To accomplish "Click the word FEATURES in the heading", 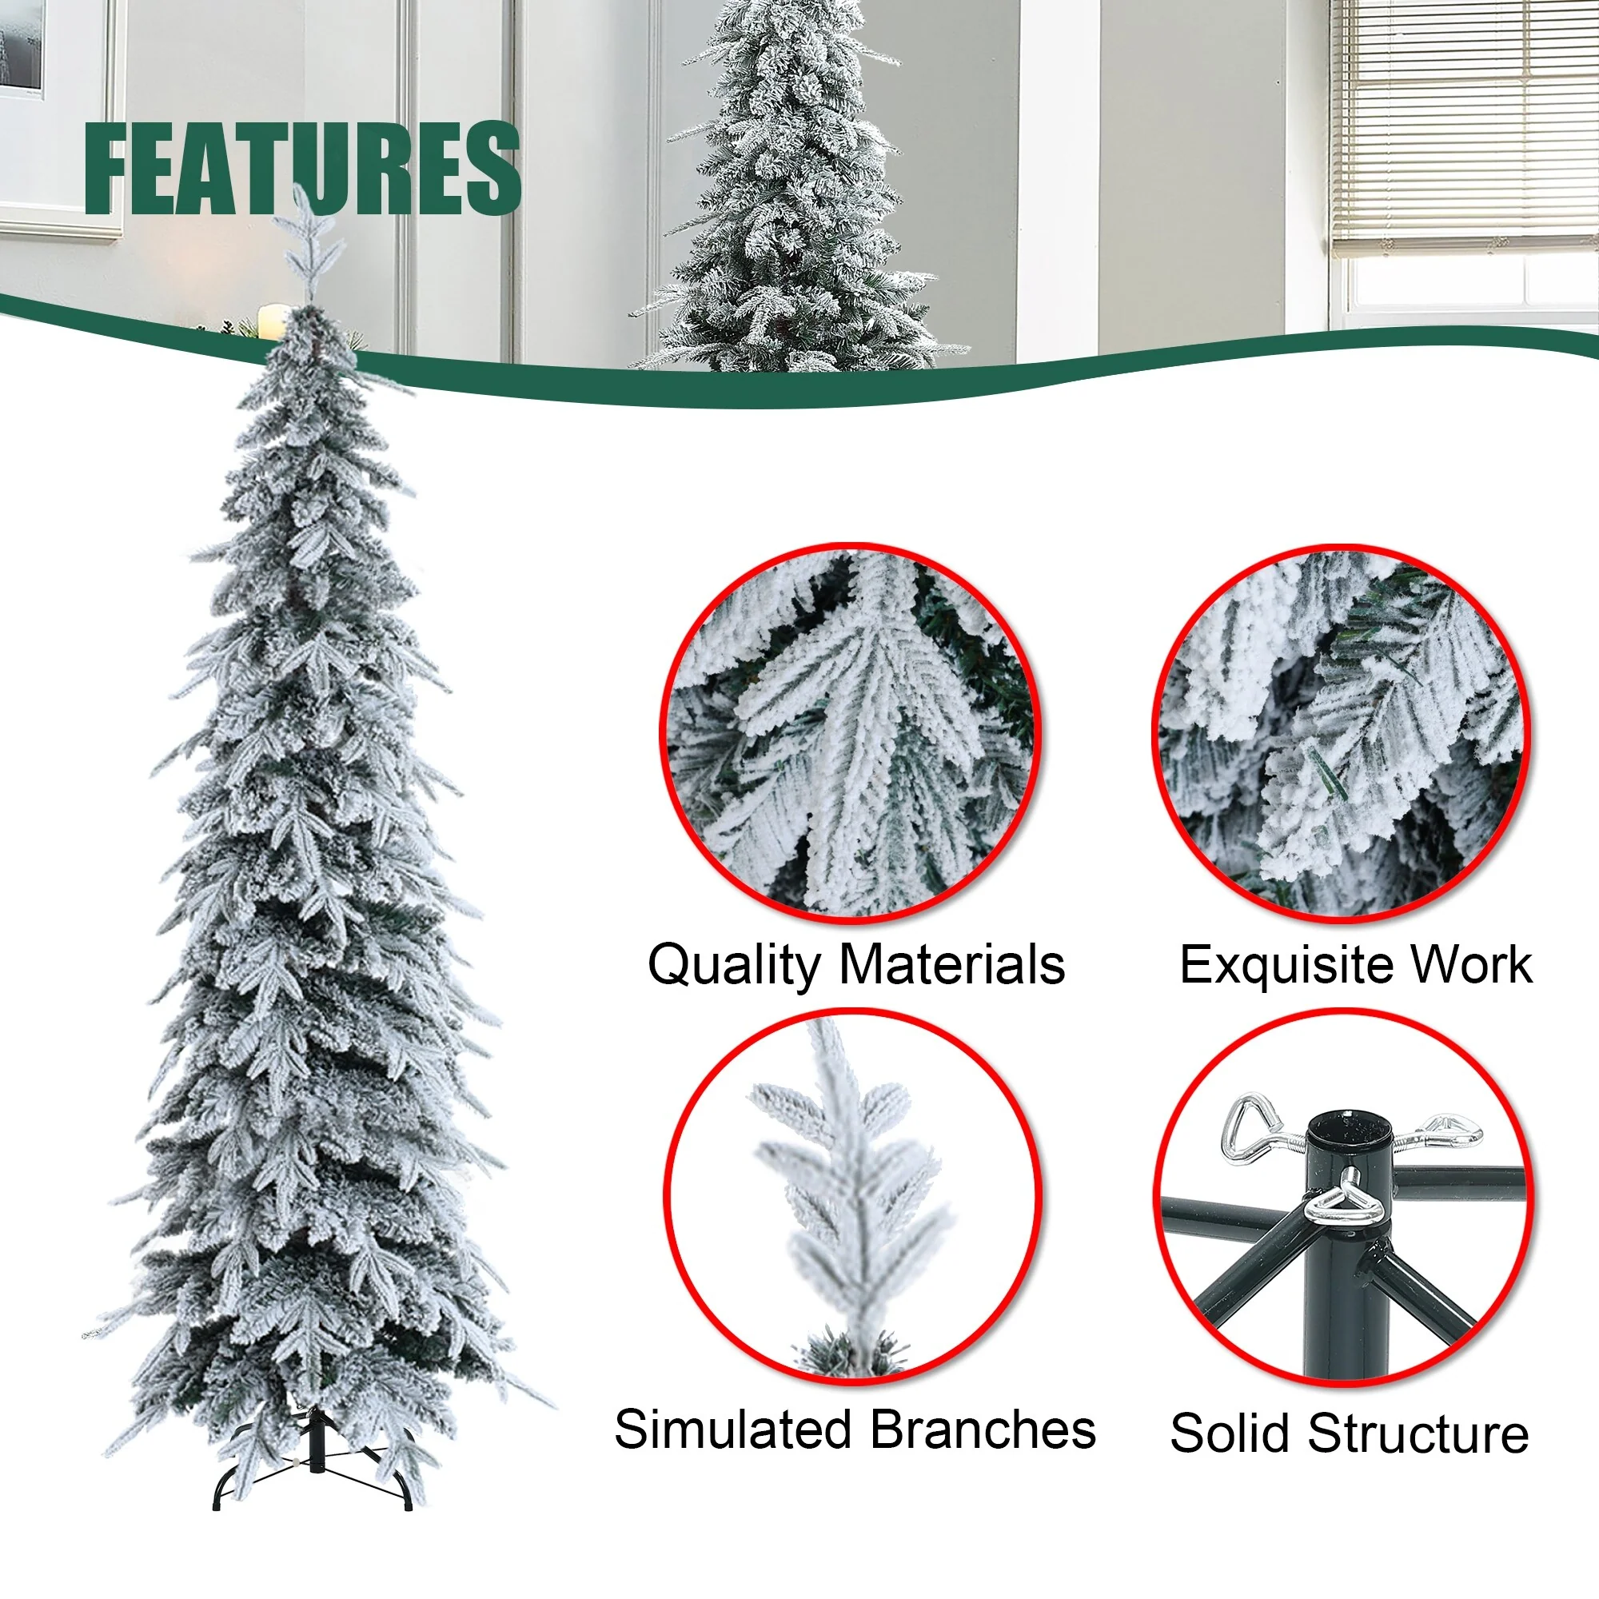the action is [x=302, y=167].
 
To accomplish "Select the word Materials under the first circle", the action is [x=951, y=963].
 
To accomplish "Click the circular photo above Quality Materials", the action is [x=851, y=734].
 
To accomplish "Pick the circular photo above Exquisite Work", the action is [x=1342, y=734].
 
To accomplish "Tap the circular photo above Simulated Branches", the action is [x=851, y=1198].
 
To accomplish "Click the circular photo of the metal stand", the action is [x=1343, y=1198].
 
